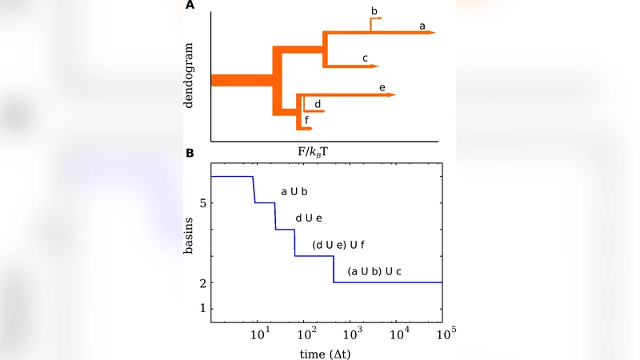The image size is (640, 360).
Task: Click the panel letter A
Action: (x=190, y=6)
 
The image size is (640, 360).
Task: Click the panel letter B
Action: (x=190, y=152)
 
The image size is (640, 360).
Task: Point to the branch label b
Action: (x=374, y=10)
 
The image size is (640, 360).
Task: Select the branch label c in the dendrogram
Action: (x=365, y=58)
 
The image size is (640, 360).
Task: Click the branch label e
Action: (x=382, y=86)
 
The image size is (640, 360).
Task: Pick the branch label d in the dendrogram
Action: (x=318, y=104)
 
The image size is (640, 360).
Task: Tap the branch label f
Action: (x=306, y=120)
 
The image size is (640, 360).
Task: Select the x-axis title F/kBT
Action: (x=326, y=150)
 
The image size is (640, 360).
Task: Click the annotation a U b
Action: (x=294, y=192)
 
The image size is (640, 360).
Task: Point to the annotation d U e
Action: (x=309, y=218)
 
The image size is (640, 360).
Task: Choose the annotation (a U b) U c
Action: (x=374, y=273)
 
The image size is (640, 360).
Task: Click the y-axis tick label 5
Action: (x=203, y=203)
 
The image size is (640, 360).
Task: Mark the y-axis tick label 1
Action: (x=203, y=309)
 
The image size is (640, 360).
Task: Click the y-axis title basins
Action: (x=188, y=242)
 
